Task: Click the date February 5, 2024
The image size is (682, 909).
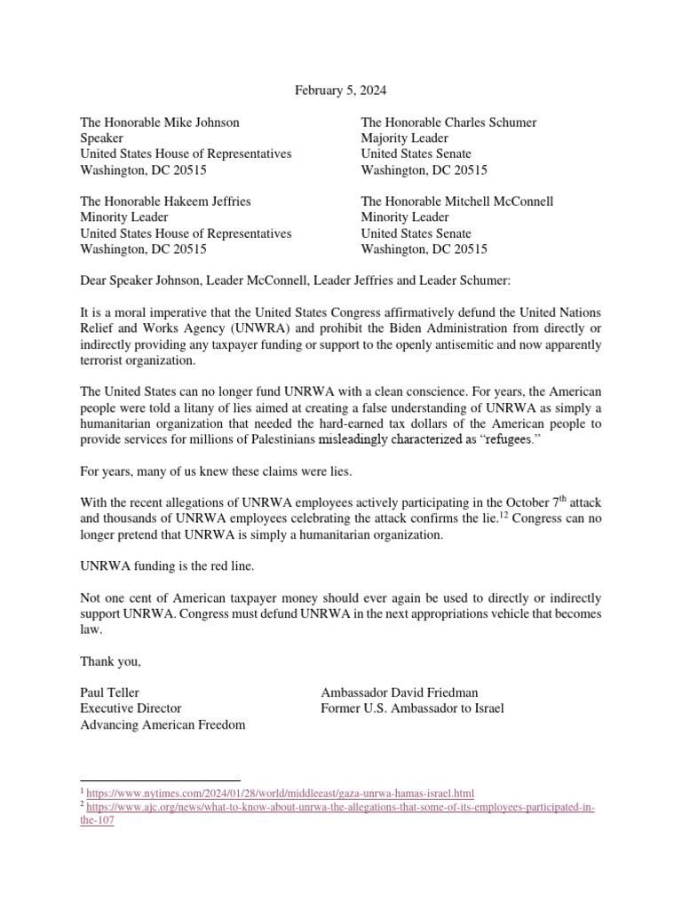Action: point(340,90)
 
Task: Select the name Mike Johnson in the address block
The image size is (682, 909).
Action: point(202,123)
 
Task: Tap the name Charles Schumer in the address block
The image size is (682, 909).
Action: point(492,123)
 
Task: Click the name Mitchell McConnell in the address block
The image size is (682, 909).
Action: point(499,202)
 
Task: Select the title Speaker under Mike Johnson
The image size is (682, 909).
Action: point(102,138)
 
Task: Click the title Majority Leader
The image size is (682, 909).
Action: point(404,138)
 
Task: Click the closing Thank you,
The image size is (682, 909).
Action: point(111,661)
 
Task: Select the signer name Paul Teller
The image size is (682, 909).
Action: point(110,693)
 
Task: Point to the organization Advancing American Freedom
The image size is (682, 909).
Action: point(163,725)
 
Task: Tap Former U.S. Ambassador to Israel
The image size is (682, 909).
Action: point(412,709)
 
